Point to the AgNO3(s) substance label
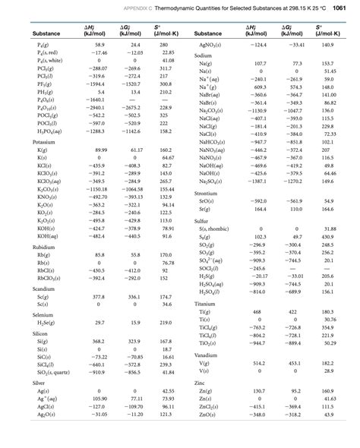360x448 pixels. (x=210, y=46)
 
